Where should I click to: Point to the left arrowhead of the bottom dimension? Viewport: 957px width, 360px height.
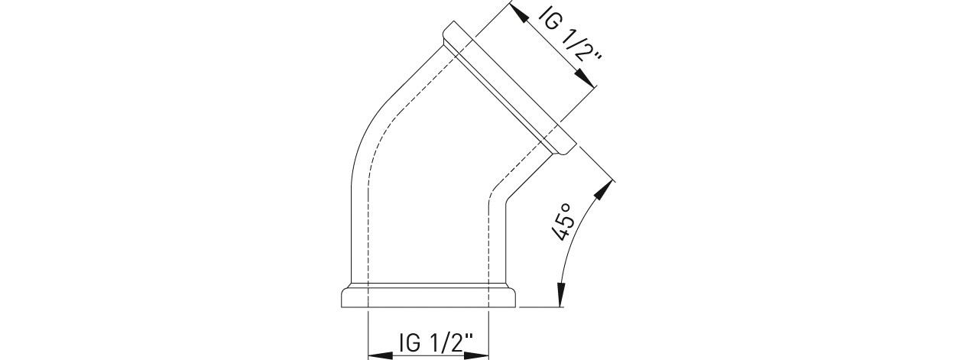coord(381,355)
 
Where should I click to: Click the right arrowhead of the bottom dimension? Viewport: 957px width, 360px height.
coord(476,355)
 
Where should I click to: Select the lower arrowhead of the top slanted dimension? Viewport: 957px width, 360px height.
coord(585,78)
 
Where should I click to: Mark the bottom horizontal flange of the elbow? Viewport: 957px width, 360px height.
coord(429,296)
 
